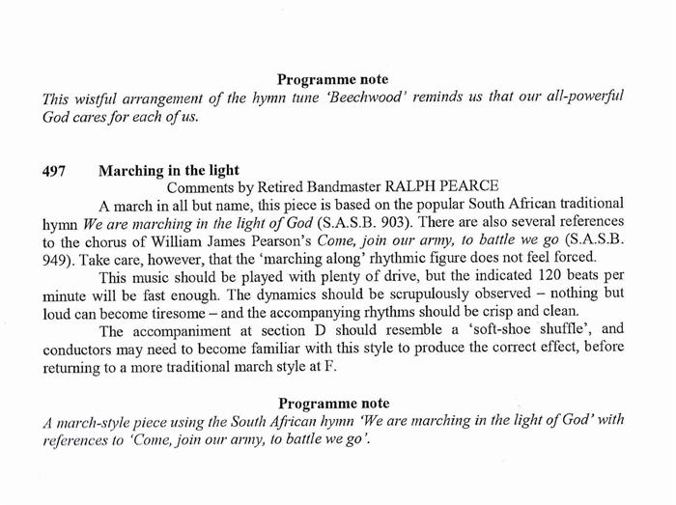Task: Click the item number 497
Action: [x=54, y=171]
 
